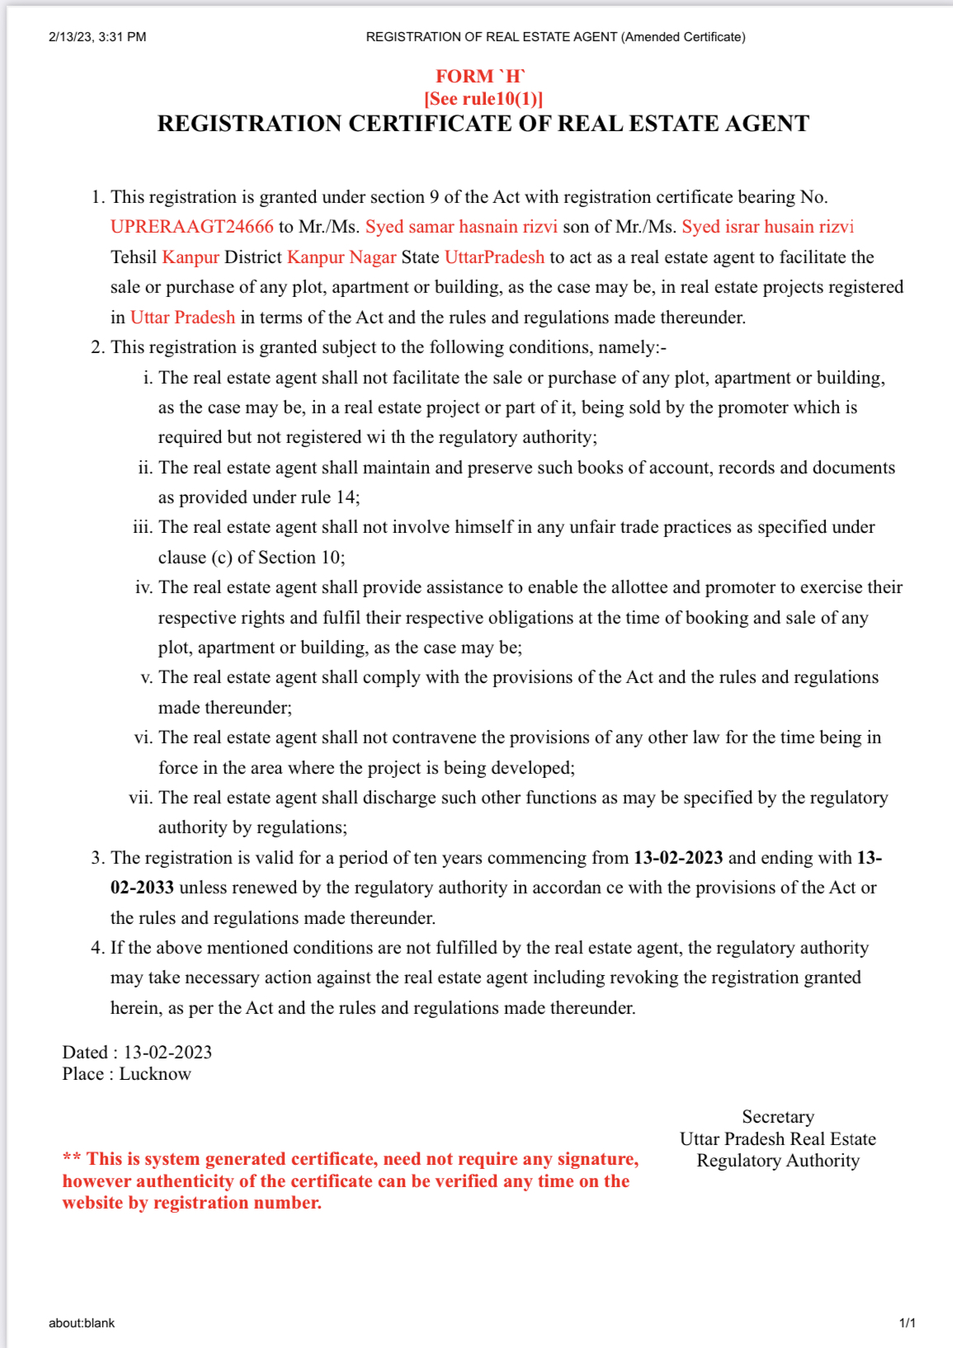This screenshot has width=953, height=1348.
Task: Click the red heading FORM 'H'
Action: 480,77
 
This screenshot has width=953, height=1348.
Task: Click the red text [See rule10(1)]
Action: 484,99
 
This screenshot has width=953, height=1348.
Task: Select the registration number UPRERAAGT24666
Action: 191,227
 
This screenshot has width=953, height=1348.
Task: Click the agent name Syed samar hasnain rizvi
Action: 461,227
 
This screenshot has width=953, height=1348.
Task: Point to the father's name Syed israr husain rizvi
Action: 767,227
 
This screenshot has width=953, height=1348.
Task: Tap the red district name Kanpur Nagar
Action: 342,257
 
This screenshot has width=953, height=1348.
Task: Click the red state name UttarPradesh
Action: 494,257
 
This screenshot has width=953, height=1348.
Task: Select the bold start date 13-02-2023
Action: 677,858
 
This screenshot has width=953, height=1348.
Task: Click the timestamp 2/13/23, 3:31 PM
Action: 97,37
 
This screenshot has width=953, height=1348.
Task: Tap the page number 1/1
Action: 907,1323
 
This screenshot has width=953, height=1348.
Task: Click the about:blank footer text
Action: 82,1323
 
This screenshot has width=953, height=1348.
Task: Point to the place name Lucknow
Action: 155,1074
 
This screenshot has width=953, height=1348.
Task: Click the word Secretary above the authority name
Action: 777,1117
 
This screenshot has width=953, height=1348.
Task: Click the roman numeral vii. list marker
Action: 140,798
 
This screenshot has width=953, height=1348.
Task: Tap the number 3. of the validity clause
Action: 97,858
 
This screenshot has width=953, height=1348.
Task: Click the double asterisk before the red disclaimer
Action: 72,1159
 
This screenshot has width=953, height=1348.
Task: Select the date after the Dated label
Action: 167,1053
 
